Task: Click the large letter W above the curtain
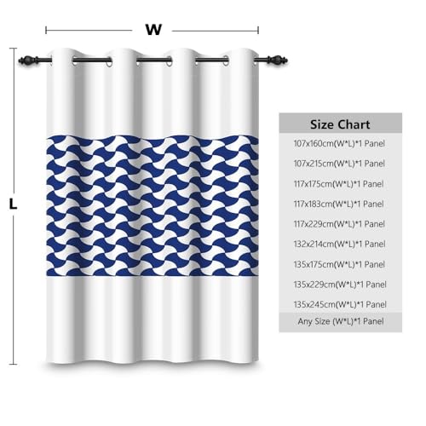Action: (153, 30)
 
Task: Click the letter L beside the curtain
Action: (13, 204)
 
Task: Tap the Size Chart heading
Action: (340, 124)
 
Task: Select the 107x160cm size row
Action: (339, 143)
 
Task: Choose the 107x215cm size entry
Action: (339, 164)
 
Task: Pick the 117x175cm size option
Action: (339, 184)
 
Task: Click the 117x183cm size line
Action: (339, 204)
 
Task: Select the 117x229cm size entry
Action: (339, 224)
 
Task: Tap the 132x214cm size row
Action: (340, 245)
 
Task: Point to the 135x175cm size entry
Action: (339, 264)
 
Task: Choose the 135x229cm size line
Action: (340, 285)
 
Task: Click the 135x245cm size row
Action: (340, 305)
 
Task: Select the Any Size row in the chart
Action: (341, 321)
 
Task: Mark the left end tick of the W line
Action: (46, 30)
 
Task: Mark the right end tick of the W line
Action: (258, 30)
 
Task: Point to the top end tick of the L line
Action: (13, 49)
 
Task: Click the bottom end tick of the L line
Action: (13, 364)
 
